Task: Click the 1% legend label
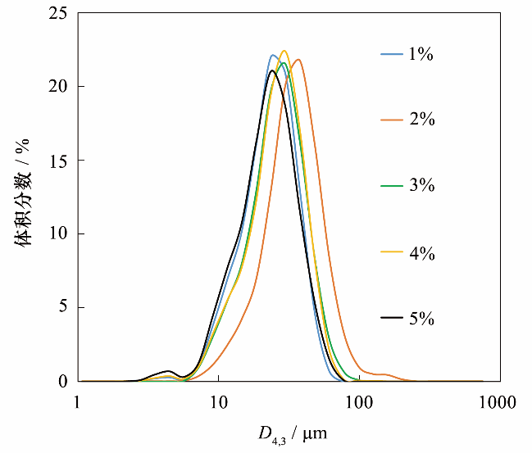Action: click(421, 55)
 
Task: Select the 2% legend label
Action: click(421, 120)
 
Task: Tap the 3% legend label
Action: click(421, 186)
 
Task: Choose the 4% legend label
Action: click(421, 252)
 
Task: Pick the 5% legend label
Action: click(421, 318)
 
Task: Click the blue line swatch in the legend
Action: click(391, 55)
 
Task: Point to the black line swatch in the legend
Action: click(391, 318)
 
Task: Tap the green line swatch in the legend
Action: click(391, 186)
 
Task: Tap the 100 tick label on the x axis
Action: click(359, 402)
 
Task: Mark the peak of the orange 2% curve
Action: click(298, 59)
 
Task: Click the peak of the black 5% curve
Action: click(271, 70)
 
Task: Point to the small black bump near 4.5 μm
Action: click(168, 371)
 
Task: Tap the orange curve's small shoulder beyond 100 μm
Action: click(382, 374)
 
